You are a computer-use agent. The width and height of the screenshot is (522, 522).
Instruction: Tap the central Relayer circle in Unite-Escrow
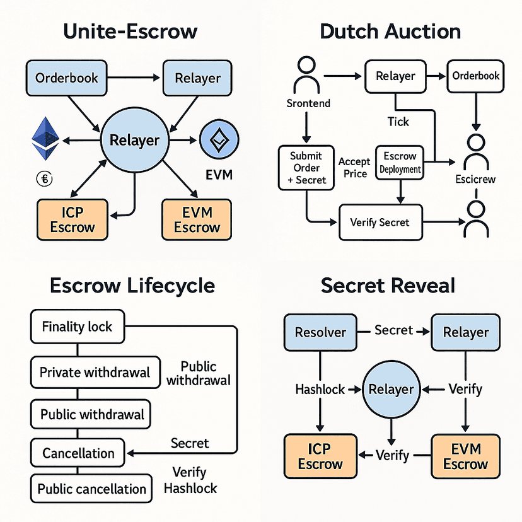[134, 140]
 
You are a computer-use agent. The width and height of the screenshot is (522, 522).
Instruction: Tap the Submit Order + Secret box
[306, 168]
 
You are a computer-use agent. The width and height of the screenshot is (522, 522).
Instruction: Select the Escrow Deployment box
[400, 163]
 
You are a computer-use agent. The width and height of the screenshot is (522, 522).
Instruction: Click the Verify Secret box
[380, 222]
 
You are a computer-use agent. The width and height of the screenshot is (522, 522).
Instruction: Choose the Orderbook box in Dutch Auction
[476, 76]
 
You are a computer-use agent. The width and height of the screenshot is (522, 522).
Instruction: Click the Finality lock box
[77, 327]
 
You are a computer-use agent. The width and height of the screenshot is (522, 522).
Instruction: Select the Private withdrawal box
[95, 372]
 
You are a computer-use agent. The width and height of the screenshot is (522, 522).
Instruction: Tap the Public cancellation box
[92, 489]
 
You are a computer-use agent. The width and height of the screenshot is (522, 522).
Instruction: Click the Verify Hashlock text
[190, 480]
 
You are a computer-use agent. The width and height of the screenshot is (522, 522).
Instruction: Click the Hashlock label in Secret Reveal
[320, 390]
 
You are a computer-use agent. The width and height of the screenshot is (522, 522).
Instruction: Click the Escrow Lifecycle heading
[131, 286]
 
